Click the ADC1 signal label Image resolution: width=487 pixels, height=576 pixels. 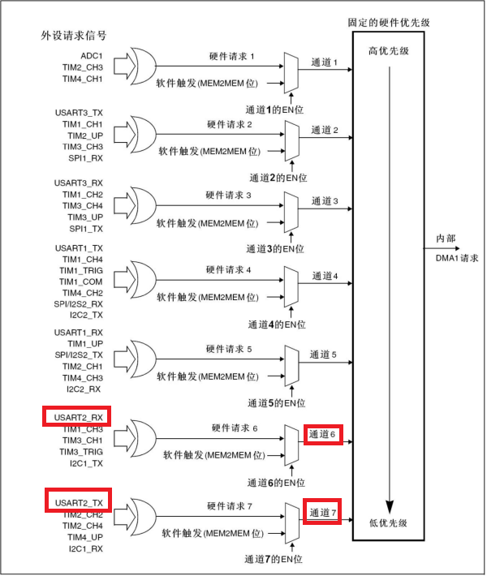tap(90, 55)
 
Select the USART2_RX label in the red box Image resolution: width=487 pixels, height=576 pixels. tap(77, 417)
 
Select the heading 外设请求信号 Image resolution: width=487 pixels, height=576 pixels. tap(74, 36)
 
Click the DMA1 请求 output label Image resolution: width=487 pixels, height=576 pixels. tap(452, 257)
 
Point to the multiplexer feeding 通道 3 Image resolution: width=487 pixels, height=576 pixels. tap(291, 208)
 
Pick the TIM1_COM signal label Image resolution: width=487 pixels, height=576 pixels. tap(81, 281)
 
